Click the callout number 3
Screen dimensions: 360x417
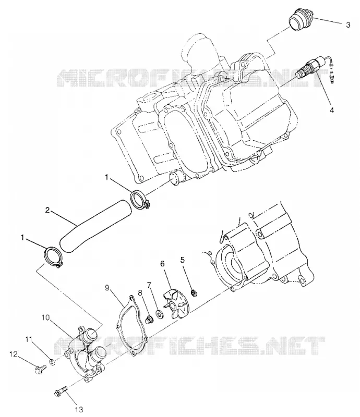click(348, 24)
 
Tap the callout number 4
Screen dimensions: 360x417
click(332, 110)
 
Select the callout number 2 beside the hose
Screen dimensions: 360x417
click(47, 211)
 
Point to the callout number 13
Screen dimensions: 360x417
click(80, 409)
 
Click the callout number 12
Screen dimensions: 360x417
click(14, 354)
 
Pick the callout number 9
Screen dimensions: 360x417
click(107, 288)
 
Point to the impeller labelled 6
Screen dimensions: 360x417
click(174, 305)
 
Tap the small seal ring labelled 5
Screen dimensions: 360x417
click(195, 293)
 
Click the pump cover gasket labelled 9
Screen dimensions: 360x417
click(131, 325)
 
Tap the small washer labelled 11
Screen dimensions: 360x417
click(53, 362)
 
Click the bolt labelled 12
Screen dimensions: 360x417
click(40, 369)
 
